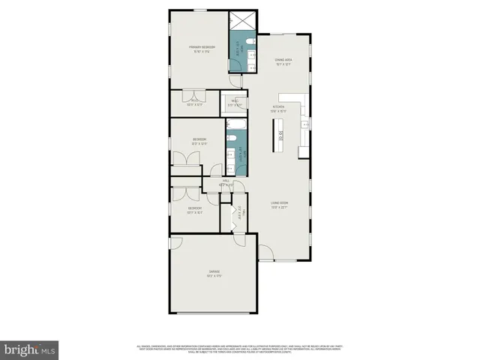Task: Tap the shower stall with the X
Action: pyautogui.click(x=243, y=21)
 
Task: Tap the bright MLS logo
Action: pyautogui.click(x=29, y=349)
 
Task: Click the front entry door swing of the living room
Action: pyautogui.click(x=266, y=253)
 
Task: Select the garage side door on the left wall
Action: pyautogui.click(x=175, y=242)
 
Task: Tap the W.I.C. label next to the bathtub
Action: pyautogui.click(x=235, y=103)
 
